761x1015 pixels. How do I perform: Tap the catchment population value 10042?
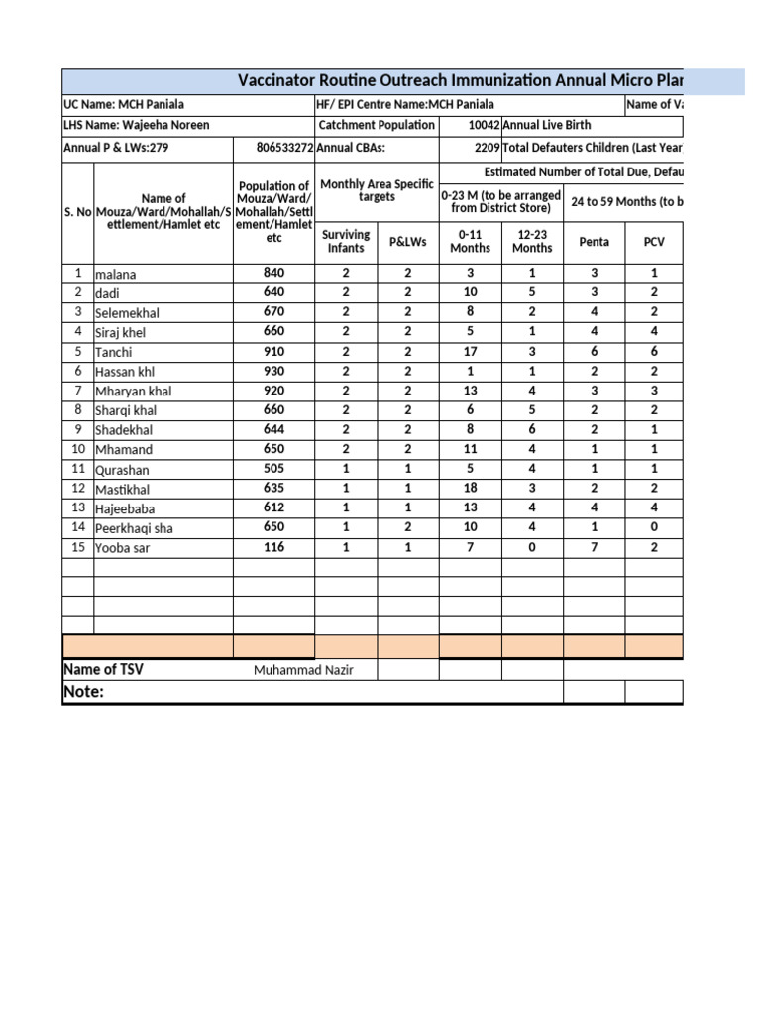click(x=484, y=126)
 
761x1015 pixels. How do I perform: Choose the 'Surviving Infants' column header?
click(x=346, y=241)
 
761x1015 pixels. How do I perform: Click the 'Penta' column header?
click(x=594, y=241)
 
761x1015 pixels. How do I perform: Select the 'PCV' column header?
click(x=654, y=241)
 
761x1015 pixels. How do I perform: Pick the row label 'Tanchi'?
click(x=113, y=352)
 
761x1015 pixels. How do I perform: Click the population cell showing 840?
click(x=273, y=273)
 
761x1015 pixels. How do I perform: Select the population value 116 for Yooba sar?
click(x=273, y=548)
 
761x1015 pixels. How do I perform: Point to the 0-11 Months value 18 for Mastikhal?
click(x=470, y=489)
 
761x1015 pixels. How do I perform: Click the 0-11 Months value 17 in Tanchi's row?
click(x=470, y=352)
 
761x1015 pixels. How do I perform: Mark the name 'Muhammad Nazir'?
click(x=302, y=670)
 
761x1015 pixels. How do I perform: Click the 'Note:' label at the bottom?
click(x=83, y=691)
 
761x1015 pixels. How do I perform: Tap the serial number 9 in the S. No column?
click(x=77, y=430)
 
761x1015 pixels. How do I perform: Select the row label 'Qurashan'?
click(x=123, y=470)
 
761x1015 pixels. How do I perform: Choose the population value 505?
click(x=273, y=469)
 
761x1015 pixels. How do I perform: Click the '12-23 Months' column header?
click(x=532, y=241)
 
